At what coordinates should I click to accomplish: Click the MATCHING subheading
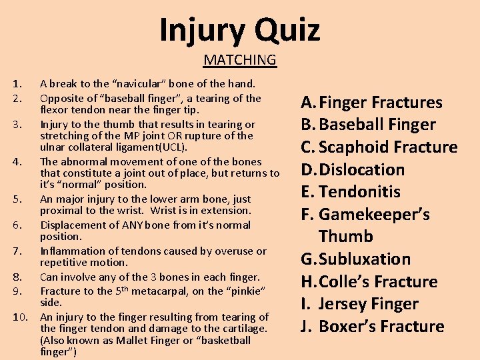(240, 60)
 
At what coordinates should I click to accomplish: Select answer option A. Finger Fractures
(371, 103)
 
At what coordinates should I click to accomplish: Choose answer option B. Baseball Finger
(368, 125)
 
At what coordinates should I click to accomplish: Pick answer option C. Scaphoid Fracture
(379, 147)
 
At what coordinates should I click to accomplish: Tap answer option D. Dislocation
(353, 169)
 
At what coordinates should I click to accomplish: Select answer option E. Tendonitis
(351, 192)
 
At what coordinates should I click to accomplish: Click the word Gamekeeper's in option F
(374, 215)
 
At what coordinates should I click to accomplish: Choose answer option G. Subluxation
(356, 259)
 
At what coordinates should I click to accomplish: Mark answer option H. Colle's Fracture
(369, 281)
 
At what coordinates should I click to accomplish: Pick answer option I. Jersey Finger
(360, 304)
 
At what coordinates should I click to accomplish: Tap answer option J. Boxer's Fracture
(372, 327)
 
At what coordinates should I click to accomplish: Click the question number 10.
(20, 317)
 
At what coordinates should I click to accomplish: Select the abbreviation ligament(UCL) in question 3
(157, 147)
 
